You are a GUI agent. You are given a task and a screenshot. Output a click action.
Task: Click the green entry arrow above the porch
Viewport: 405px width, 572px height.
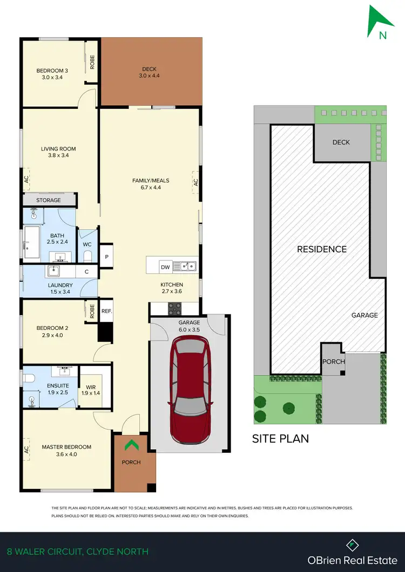pos(131,446)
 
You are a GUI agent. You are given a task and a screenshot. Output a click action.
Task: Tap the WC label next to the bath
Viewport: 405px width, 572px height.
pos(87,244)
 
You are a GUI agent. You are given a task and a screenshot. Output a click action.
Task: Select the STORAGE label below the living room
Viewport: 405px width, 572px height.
pos(49,200)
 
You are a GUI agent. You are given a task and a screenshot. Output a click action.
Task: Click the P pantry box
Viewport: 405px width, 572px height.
pos(107,257)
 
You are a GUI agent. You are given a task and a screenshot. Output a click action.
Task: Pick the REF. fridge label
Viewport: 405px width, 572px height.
pos(106,311)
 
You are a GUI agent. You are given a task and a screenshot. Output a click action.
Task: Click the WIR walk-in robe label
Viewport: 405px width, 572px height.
pos(91,386)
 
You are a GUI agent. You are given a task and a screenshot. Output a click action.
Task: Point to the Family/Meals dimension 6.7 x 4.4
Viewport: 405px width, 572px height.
pos(147,188)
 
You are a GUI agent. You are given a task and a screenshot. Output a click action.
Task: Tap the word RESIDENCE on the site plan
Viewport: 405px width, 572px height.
pos(322,249)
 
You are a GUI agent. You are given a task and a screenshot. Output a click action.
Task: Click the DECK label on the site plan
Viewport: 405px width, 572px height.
pos(341,142)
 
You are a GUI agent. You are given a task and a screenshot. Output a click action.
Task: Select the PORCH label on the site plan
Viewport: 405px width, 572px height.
pos(333,361)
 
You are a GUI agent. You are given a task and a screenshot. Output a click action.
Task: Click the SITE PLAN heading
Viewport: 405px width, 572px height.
pos(281,438)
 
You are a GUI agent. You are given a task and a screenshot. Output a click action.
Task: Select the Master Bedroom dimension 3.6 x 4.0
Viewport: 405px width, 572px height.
pos(66,454)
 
